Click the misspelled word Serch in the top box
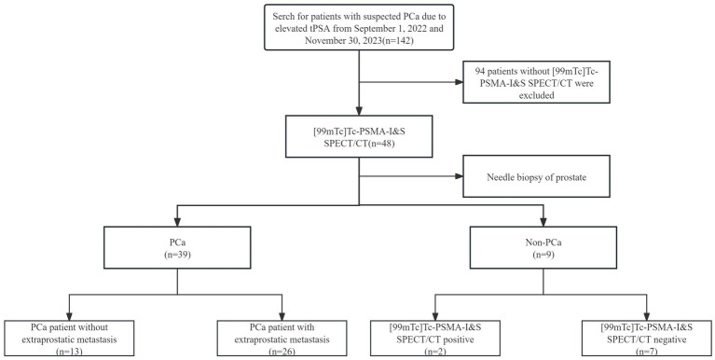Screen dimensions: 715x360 coord(282,17)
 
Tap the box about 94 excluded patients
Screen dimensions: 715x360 coord(536,82)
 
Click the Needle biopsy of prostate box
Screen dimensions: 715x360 coord(536,176)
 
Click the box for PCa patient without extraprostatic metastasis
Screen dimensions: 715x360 coord(69,339)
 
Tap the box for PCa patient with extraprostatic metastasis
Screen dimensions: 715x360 coord(282,339)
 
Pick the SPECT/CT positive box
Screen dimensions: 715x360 coord(435,339)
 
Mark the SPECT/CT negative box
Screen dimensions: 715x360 coord(647,339)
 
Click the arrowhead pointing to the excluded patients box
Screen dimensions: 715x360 coord(459,82)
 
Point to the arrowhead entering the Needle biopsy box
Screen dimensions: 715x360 coord(459,176)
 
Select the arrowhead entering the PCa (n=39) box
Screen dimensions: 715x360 coord(177,221)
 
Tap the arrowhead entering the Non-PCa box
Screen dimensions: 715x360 coord(543,221)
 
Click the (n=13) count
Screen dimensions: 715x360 coord(69,352)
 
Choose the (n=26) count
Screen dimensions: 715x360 coord(282,352)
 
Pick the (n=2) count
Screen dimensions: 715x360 coord(435,352)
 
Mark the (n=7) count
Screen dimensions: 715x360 coord(647,352)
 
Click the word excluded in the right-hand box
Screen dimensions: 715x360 coord(536,95)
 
